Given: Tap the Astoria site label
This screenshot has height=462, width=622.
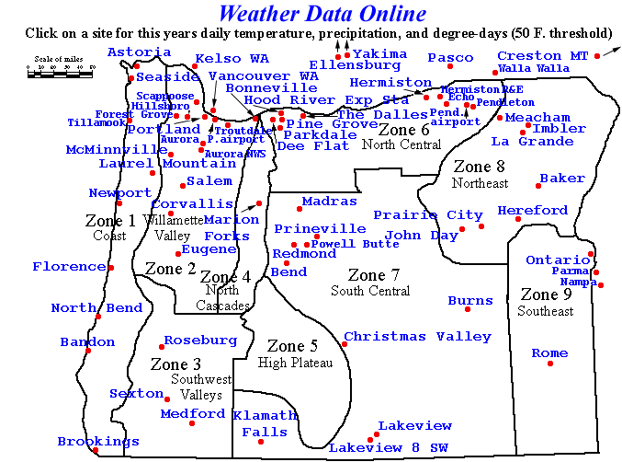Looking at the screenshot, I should tap(139, 52).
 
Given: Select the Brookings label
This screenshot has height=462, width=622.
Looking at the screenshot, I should tap(98, 442).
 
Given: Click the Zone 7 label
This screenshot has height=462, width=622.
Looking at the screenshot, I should tap(373, 275).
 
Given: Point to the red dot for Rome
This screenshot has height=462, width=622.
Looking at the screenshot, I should tap(550, 364).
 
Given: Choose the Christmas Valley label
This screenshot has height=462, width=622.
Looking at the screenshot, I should tap(417, 337).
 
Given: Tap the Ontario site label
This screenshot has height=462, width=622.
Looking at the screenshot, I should tap(558, 260).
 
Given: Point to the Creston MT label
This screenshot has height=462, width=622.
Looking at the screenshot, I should tap(542, 56).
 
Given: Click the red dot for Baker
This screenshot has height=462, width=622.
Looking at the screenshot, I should tap(539, 186).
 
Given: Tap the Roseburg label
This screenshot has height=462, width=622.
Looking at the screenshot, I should tap(200, 341).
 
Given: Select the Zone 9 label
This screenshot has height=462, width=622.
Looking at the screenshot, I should tap(546, 295).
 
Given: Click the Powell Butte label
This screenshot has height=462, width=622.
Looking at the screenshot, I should tap(356, 244).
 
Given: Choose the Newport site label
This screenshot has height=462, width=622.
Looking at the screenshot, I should tap(119, 193).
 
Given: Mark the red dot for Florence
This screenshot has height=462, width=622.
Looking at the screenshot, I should tap(110, 267).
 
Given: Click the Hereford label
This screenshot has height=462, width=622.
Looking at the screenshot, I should tap(533, 211).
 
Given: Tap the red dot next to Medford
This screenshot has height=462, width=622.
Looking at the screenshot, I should tap(192, 423).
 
